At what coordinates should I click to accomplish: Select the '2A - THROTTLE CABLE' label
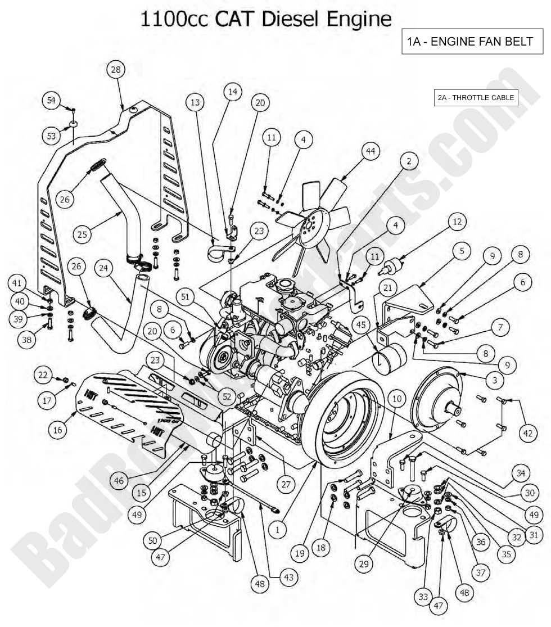(476, 98)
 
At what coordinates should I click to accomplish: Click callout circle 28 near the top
(116, 70)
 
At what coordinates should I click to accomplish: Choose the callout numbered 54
(52, 100)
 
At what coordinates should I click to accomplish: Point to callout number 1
(277, 529)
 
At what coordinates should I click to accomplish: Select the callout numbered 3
(494, 381)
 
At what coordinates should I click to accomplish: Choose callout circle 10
(398, 399)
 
